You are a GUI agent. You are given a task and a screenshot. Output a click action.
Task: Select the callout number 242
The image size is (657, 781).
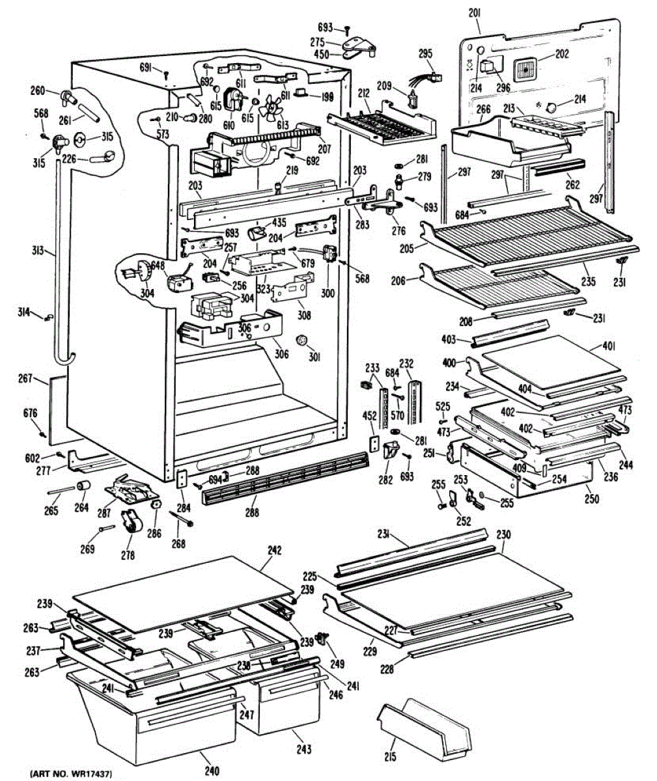pyautogui.click(x=274, y=551)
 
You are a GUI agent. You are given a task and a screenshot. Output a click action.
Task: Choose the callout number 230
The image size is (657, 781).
pyautogui.click(x=503, y=535)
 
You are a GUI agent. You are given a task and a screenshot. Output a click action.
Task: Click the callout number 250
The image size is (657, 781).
pyautogui.click(x=591, y=499)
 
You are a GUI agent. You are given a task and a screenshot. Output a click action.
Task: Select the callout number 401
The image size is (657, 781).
pyautogui.click(x=609, y=346)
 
